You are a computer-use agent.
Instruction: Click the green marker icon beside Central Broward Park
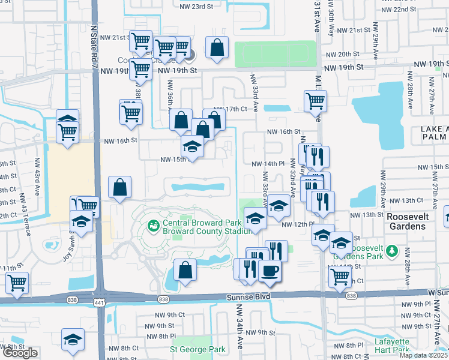click(x=153, y=226)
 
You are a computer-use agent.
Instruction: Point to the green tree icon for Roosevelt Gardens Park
click(x=394, y=250)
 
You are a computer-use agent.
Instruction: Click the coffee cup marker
click(x=270, y=271)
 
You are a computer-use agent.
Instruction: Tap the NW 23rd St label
click(x=196, y=6)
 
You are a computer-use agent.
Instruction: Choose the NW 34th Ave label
click(x=238, y=334)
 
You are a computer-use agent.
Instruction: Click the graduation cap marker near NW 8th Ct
click(x=73, y=340)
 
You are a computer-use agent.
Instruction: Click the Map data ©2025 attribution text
click(x=424, y=355)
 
